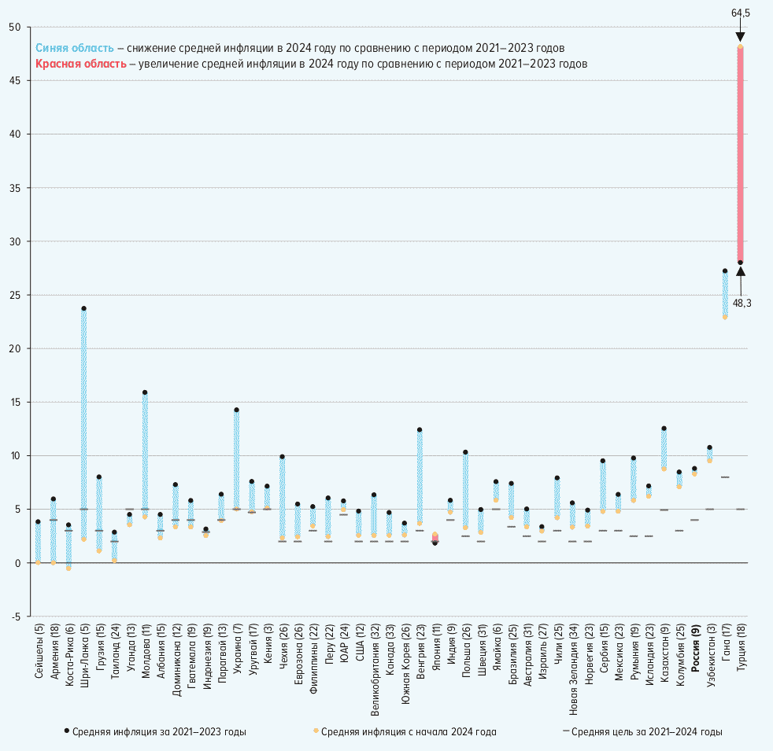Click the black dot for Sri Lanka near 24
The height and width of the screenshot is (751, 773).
(83, 308)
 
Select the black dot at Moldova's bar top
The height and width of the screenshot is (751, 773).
(145, 392)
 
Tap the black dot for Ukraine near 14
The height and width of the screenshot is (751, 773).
(236, 410)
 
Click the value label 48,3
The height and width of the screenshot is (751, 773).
(742, 303)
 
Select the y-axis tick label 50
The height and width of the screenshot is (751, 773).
(15, 28)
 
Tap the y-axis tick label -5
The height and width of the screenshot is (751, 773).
(16, 617)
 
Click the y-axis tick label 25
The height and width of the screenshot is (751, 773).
(15, 295)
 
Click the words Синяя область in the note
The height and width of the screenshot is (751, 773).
(79, 48)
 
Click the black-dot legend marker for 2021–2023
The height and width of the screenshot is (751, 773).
(66, 731)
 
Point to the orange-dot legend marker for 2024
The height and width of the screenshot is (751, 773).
(316, 731)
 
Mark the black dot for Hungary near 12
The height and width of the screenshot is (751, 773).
(420, 429)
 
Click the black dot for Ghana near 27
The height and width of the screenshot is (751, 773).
(725, 271)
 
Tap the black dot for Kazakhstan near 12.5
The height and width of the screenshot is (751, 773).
(664, 429)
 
